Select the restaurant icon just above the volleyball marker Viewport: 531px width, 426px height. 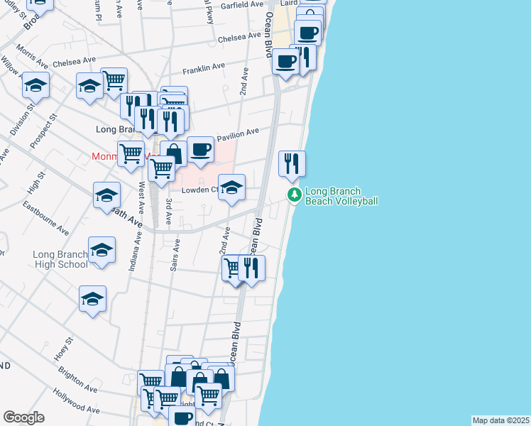tap(292, 164)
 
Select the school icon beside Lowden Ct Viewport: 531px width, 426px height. tap(231, 189)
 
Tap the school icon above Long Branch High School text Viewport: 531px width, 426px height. tap(102, 251)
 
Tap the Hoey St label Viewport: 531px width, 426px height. tap(62, 349)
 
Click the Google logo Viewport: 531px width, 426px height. tap(23, 417)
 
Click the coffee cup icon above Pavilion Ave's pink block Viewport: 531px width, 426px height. tap(201, 150)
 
